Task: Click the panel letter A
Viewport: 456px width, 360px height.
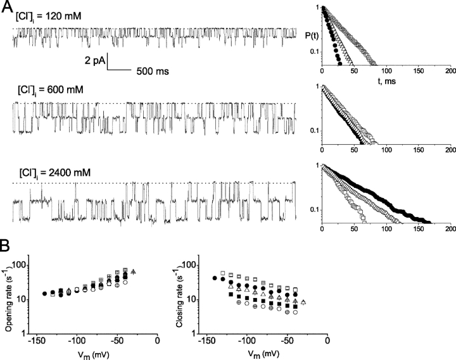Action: pos(6,8)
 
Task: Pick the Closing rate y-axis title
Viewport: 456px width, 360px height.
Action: pos(179,294)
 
